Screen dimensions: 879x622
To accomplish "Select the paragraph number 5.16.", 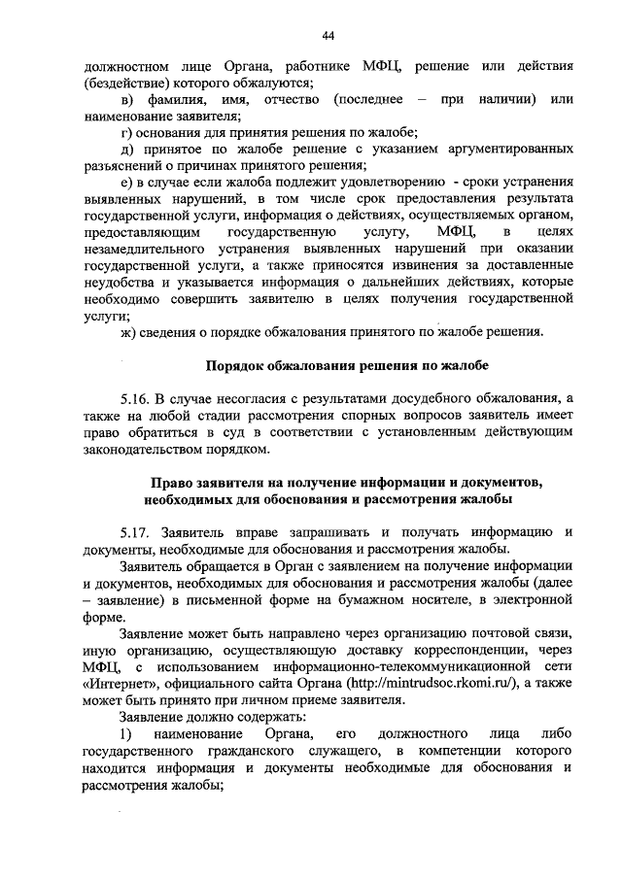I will (136, 399).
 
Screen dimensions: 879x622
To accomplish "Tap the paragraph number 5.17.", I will (136, 532).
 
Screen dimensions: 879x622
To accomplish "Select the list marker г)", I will (125, 132).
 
